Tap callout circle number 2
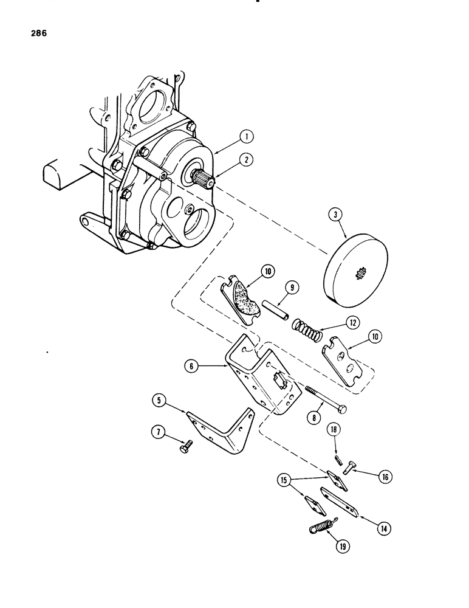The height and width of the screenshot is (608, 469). click(x=246, y=161)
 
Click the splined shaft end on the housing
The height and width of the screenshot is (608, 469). click(x=202, y=181)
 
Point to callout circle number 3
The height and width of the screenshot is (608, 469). click(x=334, y=215)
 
